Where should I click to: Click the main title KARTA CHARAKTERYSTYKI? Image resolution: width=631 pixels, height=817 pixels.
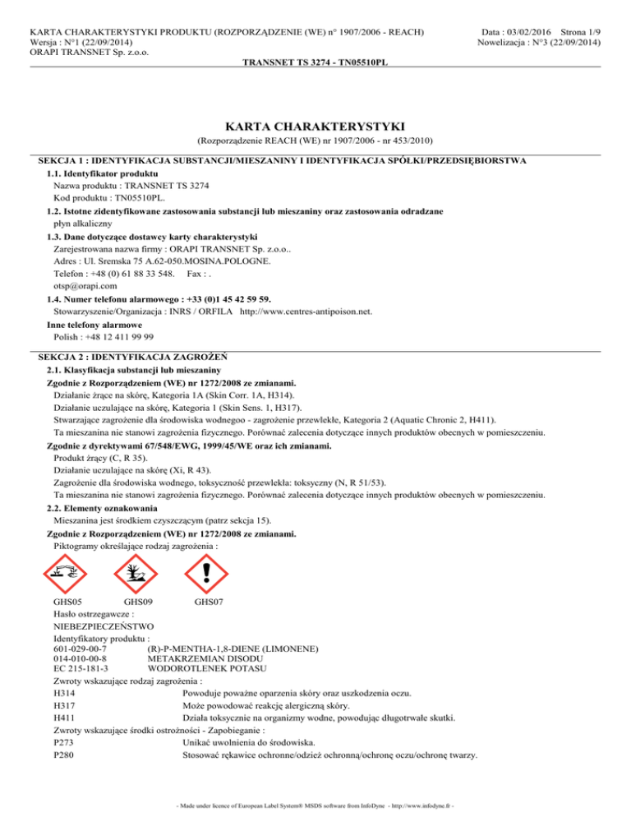coord(315,126)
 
